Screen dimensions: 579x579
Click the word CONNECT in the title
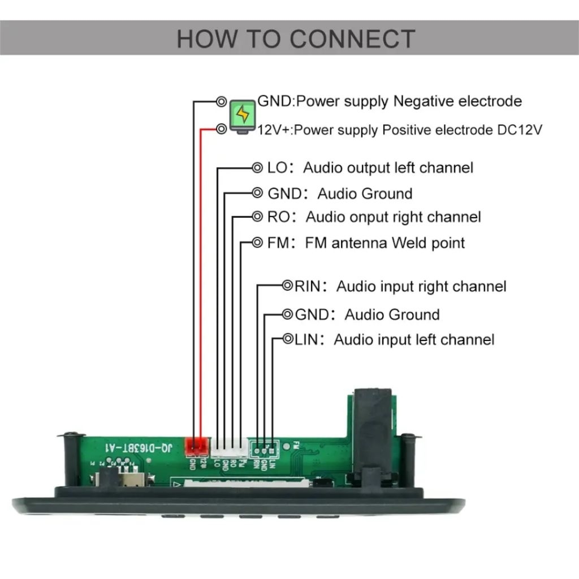352,38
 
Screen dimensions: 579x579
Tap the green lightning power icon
243,115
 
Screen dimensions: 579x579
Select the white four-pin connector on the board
229,448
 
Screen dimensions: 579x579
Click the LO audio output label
278,167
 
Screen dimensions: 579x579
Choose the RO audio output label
278,217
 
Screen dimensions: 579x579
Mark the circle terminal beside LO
257,167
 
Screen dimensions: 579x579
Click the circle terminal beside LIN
288,339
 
